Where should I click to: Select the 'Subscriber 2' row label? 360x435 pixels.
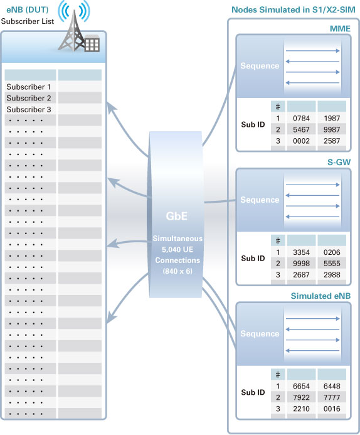click(x=29, y=98)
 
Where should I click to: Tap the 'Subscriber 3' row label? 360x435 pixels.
click(x=29, y=110)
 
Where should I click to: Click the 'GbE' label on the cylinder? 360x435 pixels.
click(x=176, y=216)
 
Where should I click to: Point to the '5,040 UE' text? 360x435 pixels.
click(x=177, y=249)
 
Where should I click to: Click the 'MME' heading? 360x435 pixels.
click(x=340, y=29)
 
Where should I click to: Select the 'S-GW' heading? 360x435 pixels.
click(x=339, y=163)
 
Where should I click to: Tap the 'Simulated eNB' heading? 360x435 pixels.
click(x=320, y=296)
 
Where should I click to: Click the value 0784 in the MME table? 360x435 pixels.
click(x=301, y=119)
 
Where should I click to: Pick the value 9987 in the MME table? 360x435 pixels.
click(x=332, y=129)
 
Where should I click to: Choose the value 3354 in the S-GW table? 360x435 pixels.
click(x=301, y=252)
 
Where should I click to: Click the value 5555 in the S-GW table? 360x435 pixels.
click(x=332, y=264)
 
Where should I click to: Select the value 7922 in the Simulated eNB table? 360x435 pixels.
click(x=301, y=397)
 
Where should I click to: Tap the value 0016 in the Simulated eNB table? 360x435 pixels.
click(x=332, y=409)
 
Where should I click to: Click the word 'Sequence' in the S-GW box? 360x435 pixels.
click(x=260, y=200)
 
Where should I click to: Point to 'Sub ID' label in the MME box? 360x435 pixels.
click(x=253, y=124)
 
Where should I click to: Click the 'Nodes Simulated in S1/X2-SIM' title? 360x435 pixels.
click(x=294, y=10)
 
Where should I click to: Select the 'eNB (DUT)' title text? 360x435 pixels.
click(x=28, y=10)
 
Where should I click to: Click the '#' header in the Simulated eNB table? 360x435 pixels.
click(x=278, y=375)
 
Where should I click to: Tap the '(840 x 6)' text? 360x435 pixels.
click(x=177, y=271)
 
